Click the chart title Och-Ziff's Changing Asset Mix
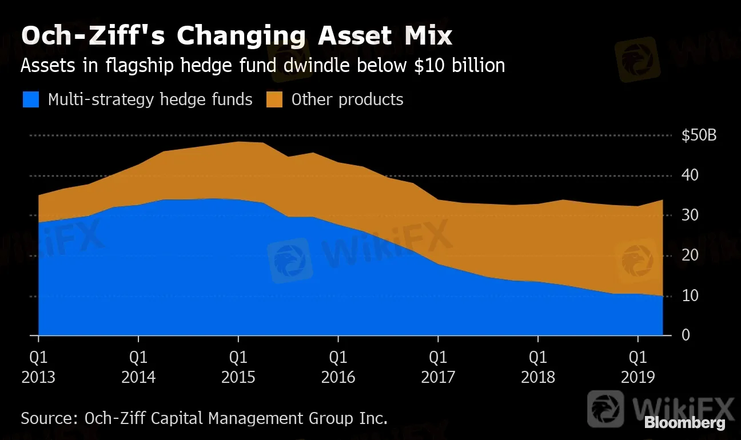pyautogui.click(x=236, y=36)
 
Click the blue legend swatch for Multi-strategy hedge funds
pyautogui.click(x=31, y=100)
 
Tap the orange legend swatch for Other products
pyautogui.click(x=274, y=100)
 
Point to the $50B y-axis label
pyautogui.click(x=699, y=135)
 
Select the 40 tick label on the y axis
pyautogui.click(x=690, y=175)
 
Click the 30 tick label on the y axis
pyautogui.click(x=690, y=215)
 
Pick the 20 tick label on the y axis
pyautogui.click(x=690, y=255)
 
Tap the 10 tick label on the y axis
pyautogui.click(x=690, y=295)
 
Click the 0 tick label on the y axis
pyautogui.click(x=686, y=335)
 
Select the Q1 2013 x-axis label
pyautogui.click(x=38, y=367)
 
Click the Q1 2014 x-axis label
pyautogui.click(x=138, y=367)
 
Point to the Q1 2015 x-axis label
pyautogui.click(x=238, y=367)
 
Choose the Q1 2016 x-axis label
pyautogui.click(x=338, y=367)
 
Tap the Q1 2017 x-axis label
pyautogui.click(x=438, y=367)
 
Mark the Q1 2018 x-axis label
pyautogui.click(x=538, y=367)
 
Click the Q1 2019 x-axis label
pyautogui.click(x=638, y=367)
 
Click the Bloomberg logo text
pyautogui.click(x=684, y=423)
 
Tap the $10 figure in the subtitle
pyautogui.click(x=423, y=66)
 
